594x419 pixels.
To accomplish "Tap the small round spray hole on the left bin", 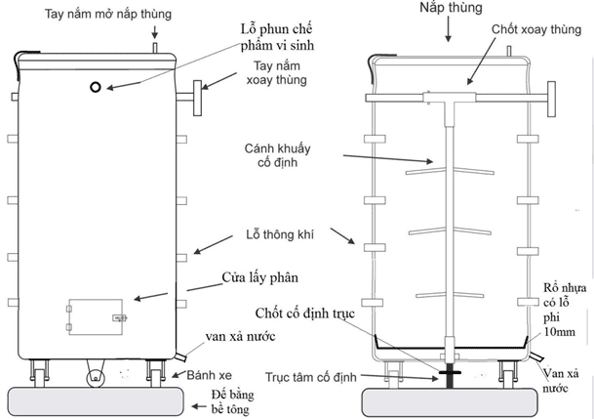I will point(96,88).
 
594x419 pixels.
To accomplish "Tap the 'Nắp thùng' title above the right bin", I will point(448,13).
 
